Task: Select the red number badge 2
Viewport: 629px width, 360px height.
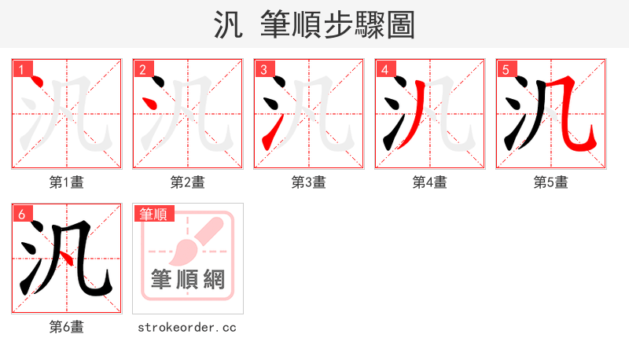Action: pos(142,69)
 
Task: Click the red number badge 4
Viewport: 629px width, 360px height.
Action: pos(384,69)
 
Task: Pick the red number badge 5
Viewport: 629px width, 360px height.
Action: pos(506,69)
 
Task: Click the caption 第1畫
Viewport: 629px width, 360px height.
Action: pos(67,182)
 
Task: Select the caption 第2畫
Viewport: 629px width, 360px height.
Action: pos(188,182)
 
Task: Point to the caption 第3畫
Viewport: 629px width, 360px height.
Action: pos(309,182)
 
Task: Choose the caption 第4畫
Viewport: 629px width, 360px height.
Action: pos(430,182)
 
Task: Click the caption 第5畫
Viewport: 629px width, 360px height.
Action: pos(551,182)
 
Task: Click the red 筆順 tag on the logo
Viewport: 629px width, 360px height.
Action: pos(154,214)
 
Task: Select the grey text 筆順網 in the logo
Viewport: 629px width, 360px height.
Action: pos(188,279)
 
